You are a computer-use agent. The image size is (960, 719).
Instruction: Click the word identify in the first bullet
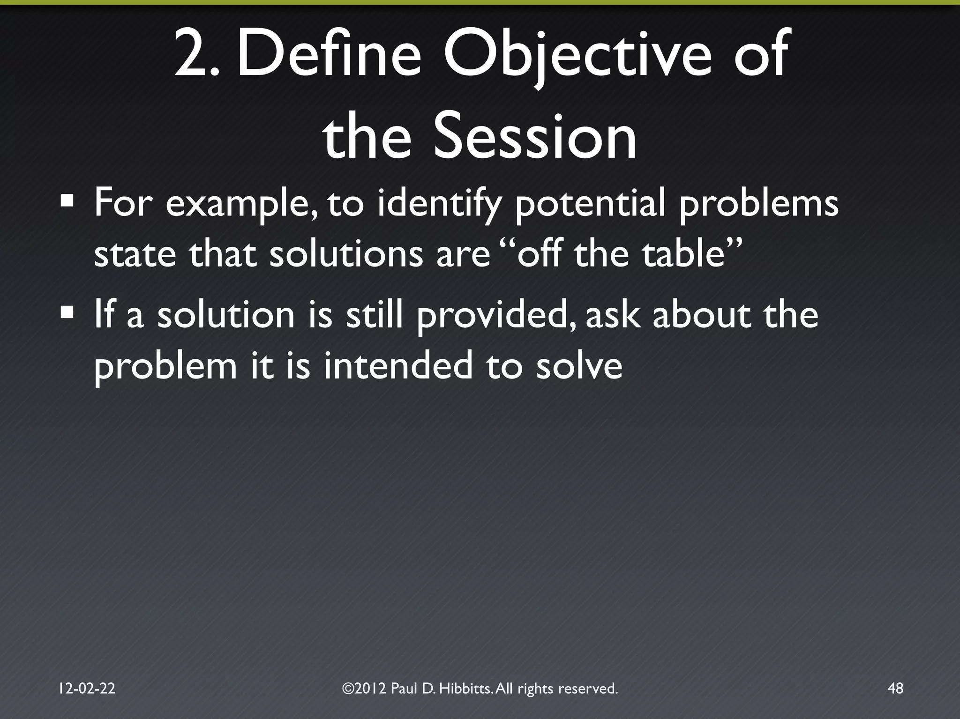click(439, 205)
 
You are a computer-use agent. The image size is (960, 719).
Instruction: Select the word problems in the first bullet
click(759, 205)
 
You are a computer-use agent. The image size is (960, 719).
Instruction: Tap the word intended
click(398, 366)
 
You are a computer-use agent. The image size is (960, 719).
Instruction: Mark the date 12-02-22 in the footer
click(87, 688)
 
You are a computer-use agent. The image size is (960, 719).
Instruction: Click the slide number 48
click(895, 688)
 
